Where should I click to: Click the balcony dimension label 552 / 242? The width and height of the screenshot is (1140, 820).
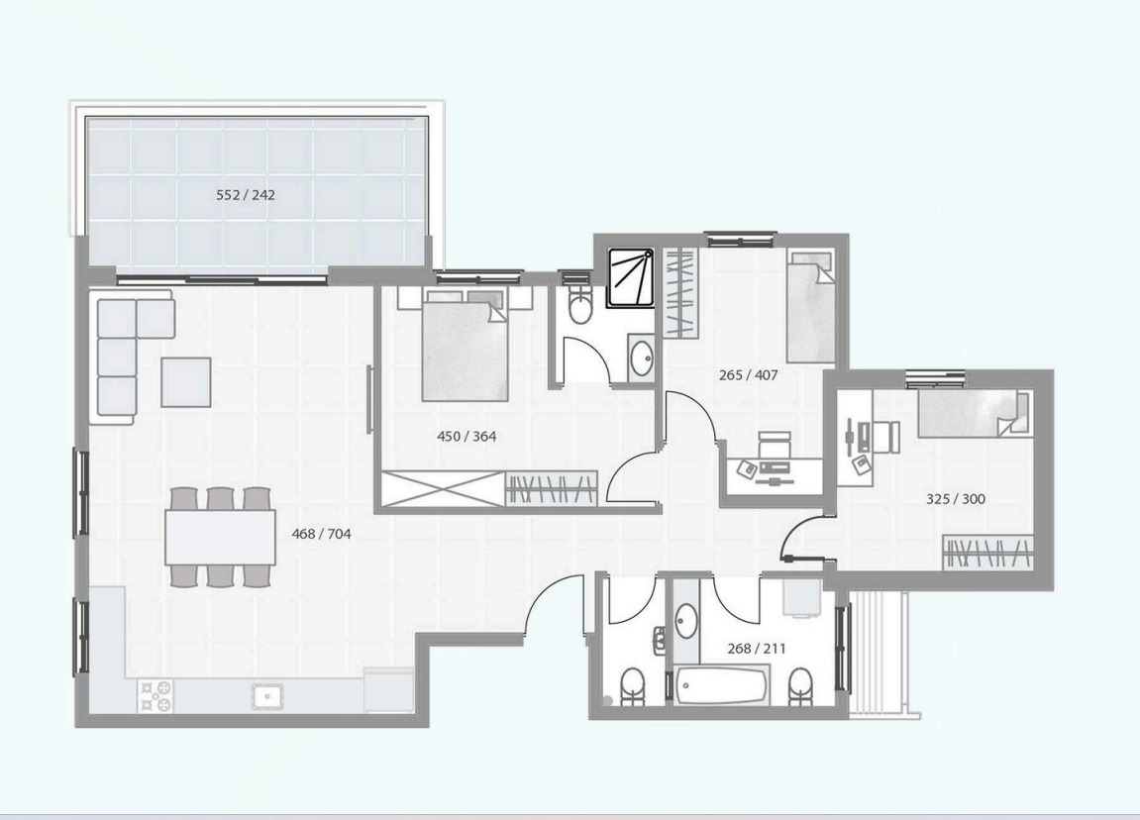[x=246, y=195]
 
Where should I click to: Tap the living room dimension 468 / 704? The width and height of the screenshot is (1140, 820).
[x=321, y=534]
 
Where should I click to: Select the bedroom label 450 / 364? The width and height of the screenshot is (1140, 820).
[x=466, y=436]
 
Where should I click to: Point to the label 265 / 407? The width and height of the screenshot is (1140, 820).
[x=748, y=375]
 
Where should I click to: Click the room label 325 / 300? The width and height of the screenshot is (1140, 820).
[x=956, y=499]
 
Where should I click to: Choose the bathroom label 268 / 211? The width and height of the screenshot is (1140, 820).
[x=756, y=648]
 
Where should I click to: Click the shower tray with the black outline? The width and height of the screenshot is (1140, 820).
[x=631, y=278]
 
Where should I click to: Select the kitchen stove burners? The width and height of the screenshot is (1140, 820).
[x=155, y=695]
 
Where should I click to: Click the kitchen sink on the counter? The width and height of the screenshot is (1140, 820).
[x=267, y=695]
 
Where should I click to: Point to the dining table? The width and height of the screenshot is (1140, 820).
[x=220, y=537]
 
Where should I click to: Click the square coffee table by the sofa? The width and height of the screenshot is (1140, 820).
[x=186, y=381]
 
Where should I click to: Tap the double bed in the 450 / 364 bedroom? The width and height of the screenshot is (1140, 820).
[x=466, y=346]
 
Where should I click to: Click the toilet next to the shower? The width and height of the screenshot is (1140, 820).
[x=580, y=305]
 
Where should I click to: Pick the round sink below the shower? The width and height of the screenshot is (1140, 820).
[x=642, y=359]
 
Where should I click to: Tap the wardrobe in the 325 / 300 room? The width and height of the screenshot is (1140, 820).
[x=988, y=553]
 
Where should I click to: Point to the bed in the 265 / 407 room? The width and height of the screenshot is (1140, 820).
[x=810, y=307]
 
